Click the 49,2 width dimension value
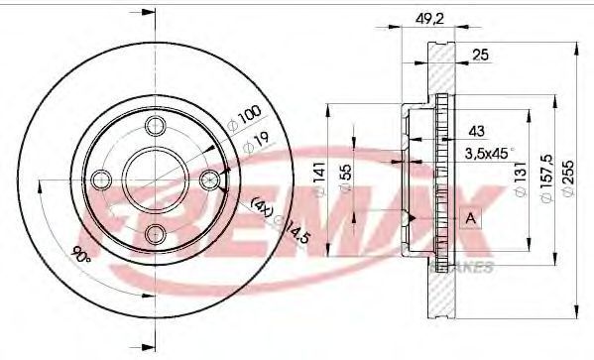point(429,19)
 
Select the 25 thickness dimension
point(480,56)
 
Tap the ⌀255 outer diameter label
point(568,179)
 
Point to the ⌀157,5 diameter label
point(546,179)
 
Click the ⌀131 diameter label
point(521,179)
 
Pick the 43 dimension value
point(476,131)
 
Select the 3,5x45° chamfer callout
point(489,154)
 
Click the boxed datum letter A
point(470,218)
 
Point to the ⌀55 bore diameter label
point(345,179)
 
